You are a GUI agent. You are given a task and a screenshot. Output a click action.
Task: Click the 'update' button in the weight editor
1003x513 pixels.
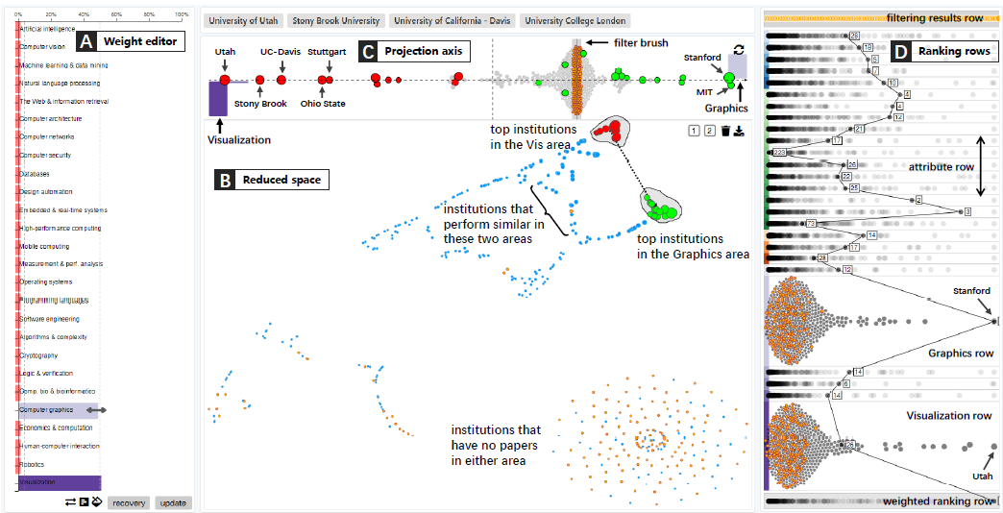tap(174, 502)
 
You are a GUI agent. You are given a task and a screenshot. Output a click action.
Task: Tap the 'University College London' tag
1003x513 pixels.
tap(575, 20)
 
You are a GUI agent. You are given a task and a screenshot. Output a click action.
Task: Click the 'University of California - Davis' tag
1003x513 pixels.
tap(452, 20)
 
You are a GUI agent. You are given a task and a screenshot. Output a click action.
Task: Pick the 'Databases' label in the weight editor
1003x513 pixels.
tap(35, 174)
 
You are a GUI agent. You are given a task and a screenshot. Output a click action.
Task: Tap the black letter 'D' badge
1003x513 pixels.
tap(900, 51)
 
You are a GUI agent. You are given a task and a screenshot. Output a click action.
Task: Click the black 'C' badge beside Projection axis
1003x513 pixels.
tap(366, 51)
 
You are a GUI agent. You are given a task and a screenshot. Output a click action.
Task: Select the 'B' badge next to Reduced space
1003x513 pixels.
tap(225, 179)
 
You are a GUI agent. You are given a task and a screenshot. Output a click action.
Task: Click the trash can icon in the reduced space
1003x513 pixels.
tap(725, 131)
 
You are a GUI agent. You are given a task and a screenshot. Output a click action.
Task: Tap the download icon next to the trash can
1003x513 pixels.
tap(741, 131)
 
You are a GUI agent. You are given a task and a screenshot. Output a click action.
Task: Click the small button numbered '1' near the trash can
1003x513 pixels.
tap(693, 131)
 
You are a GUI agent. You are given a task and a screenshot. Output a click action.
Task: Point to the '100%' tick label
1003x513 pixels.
tap(182, 15)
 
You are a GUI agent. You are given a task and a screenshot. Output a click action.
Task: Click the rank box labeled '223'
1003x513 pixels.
tap(779, 153)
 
